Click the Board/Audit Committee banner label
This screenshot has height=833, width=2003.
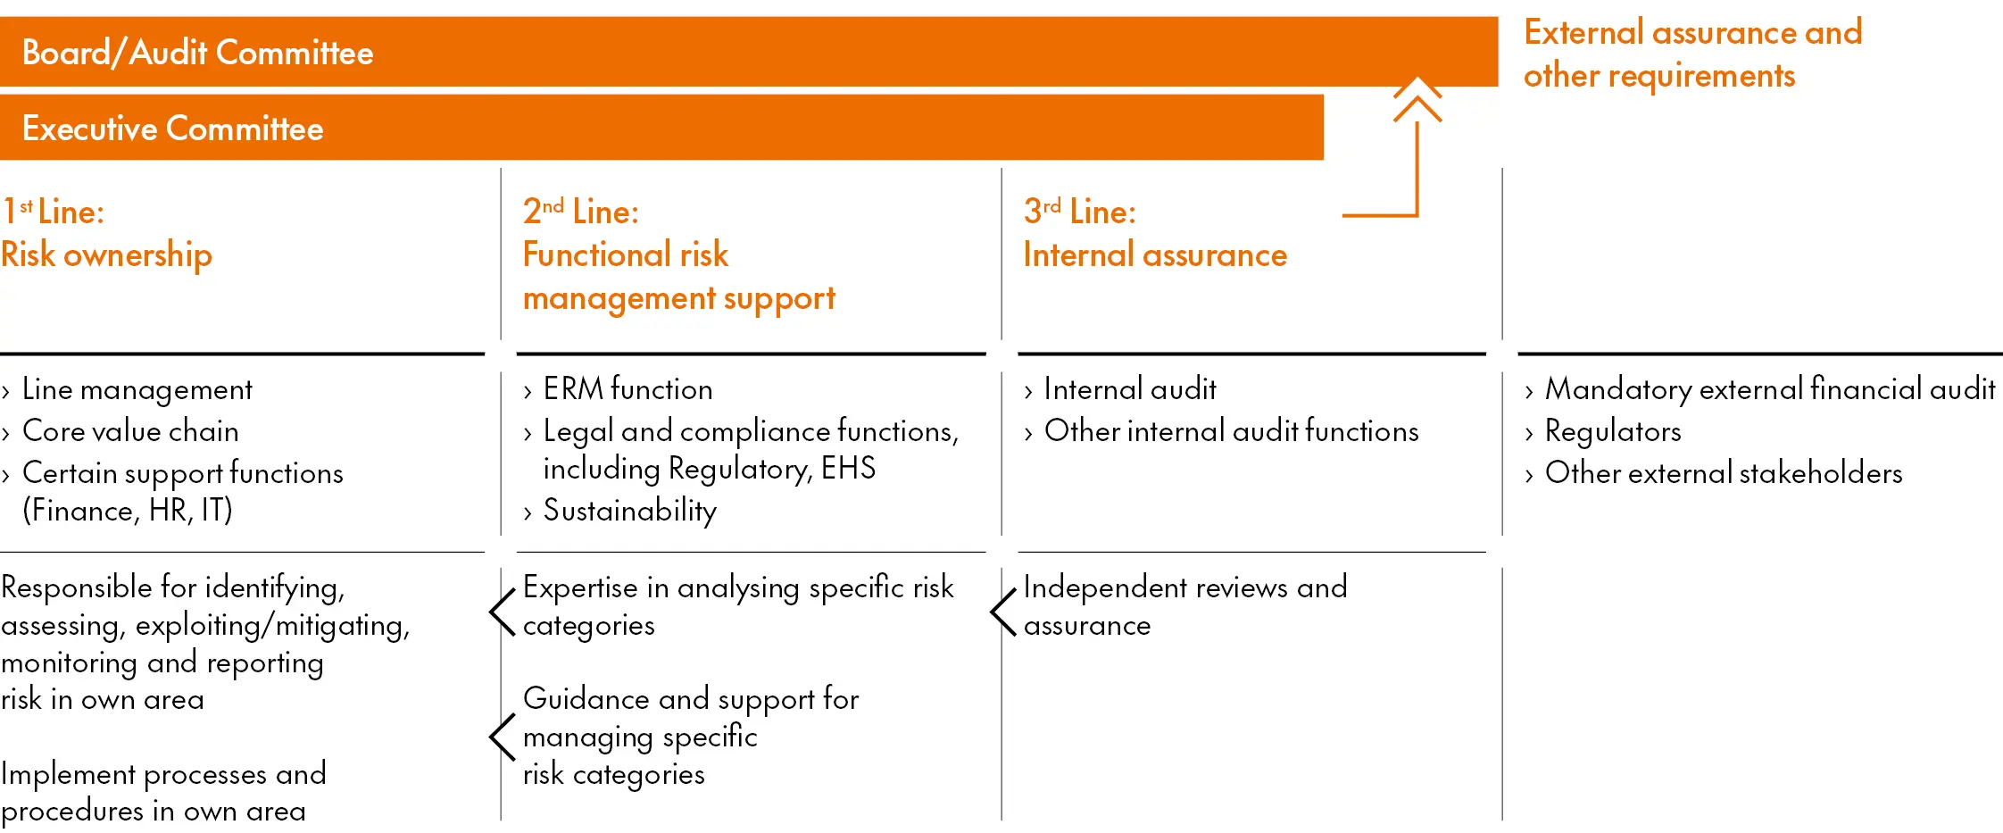pyautogui.click(x=197, y=53)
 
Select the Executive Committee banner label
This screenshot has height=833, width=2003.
pyautogui.click(x=172, y=129)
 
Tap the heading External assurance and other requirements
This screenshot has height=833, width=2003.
pyautogui.click(x=1692, y=54)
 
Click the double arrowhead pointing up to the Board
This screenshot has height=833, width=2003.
pyautogui.click(x=1417, y=99)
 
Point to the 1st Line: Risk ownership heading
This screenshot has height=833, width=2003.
pyautogui.click(x=106, y=233)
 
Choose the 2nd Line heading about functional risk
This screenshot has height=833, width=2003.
pyautogui.click(x=678, y=254)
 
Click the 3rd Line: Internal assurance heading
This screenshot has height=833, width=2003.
pyautogui.click(x=1154, y=233)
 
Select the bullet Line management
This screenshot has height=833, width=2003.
pyautogui.click(x=137, y=389)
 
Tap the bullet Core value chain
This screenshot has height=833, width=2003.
pyautogui.click(x=130, y=431)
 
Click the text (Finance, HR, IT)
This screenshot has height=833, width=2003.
pyautogui.click(x=128, y=511)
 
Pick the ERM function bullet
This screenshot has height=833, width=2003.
pyautogui.click(x=627, y=389)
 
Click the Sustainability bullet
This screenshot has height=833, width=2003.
pyautogui.click(x=629, y=511)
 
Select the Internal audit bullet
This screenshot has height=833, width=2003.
pyautogui.click(x=1129, y=389)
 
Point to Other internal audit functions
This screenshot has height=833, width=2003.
pyautogui.click(x=1231, y=431)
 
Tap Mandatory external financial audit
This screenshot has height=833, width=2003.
pyautogui.click(x=1769, y=389)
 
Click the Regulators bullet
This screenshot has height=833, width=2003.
pyautogui.click(x=1613, y=431)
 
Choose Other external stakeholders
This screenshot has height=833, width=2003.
pyautogui.click(x=1723, y=473)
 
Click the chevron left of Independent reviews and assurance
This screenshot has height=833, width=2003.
pyautogui.click(x=1003, y=612)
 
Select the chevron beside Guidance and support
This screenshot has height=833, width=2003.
pyautogui.click(x=503, y=737)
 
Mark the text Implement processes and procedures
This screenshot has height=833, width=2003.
pyautogui.click(x=163, y=792)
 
